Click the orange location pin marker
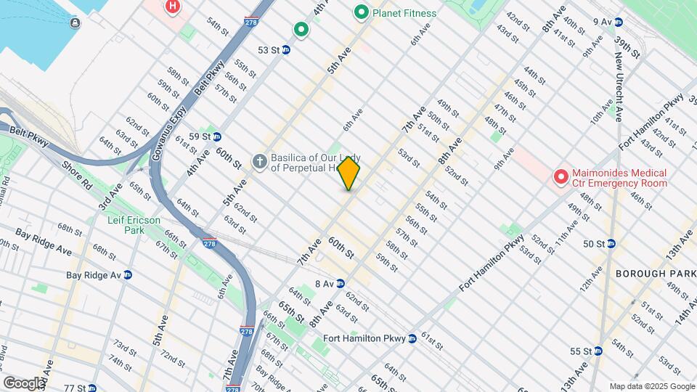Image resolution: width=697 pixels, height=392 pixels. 349,173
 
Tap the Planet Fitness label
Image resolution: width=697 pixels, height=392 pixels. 404,12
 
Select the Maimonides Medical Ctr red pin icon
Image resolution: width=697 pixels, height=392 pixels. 561,176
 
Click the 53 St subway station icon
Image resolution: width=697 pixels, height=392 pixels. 286,50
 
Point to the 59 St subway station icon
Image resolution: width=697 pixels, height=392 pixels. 216,136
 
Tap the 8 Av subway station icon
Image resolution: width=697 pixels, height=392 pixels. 340,283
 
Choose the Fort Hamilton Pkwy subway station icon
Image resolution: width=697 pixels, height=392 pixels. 412,338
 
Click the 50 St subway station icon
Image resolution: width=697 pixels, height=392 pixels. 611,243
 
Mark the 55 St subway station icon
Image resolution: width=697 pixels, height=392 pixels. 598,351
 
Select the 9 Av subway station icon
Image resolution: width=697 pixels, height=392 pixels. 617,22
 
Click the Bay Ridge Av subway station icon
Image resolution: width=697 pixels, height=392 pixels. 128,275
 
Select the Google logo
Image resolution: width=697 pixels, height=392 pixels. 24,383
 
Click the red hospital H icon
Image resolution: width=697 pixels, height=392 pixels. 173,7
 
